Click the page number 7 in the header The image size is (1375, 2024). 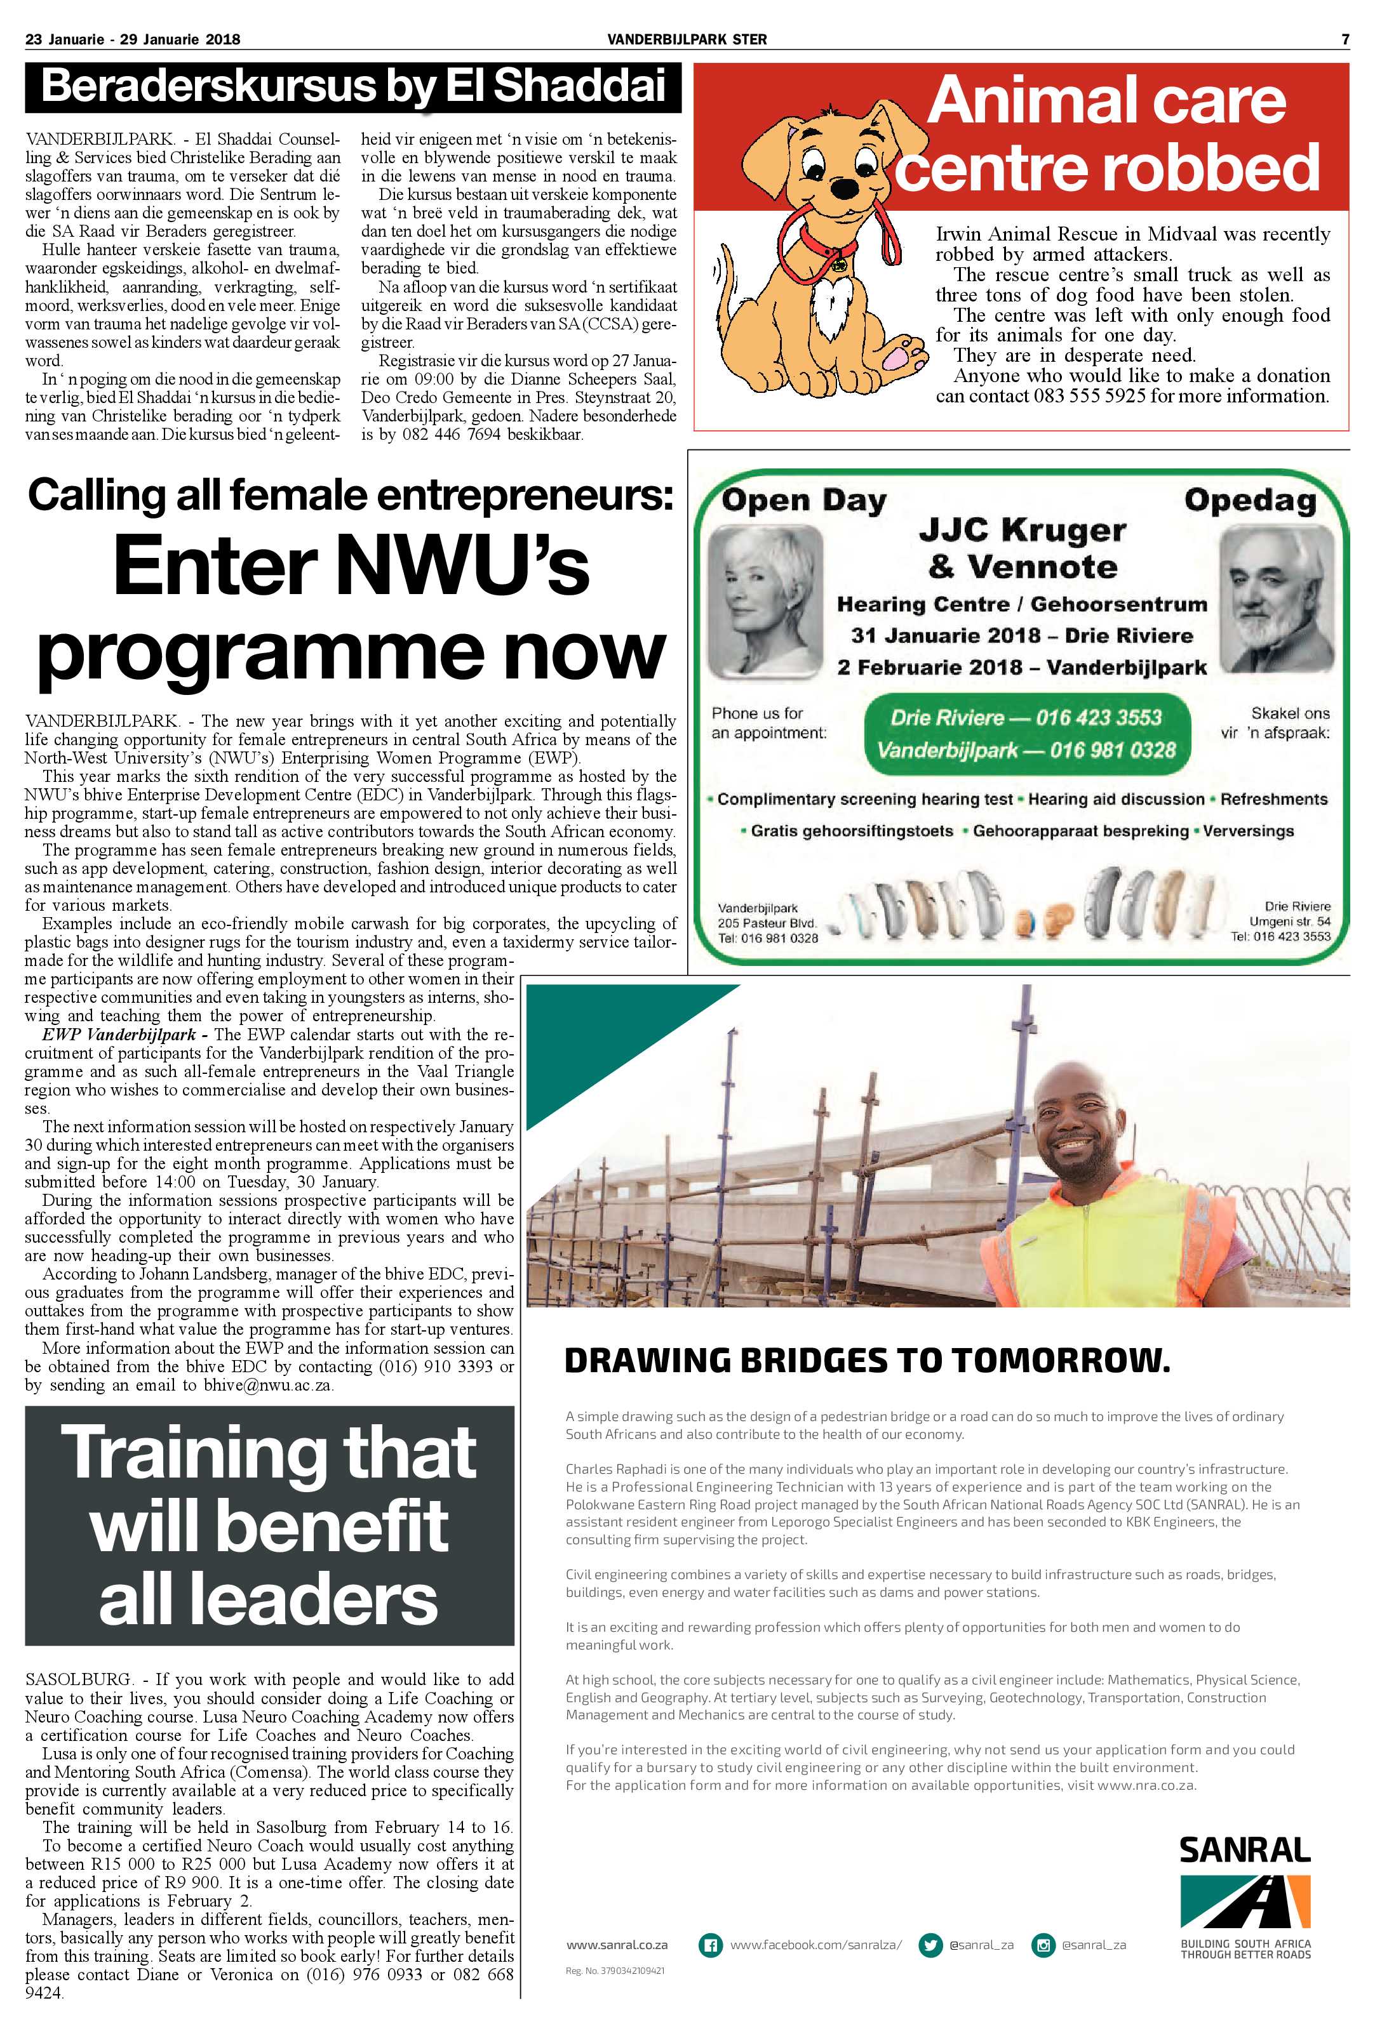pyautogui.click(x=1345, y=39)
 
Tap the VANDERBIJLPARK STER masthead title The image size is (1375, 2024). pyautogui.click(x=687, y=39)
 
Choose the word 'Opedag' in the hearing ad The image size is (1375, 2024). pyautogui.click(x=1249, y=501)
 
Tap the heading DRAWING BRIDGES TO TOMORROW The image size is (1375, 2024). pyautogui.click(x=867, y=1359)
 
